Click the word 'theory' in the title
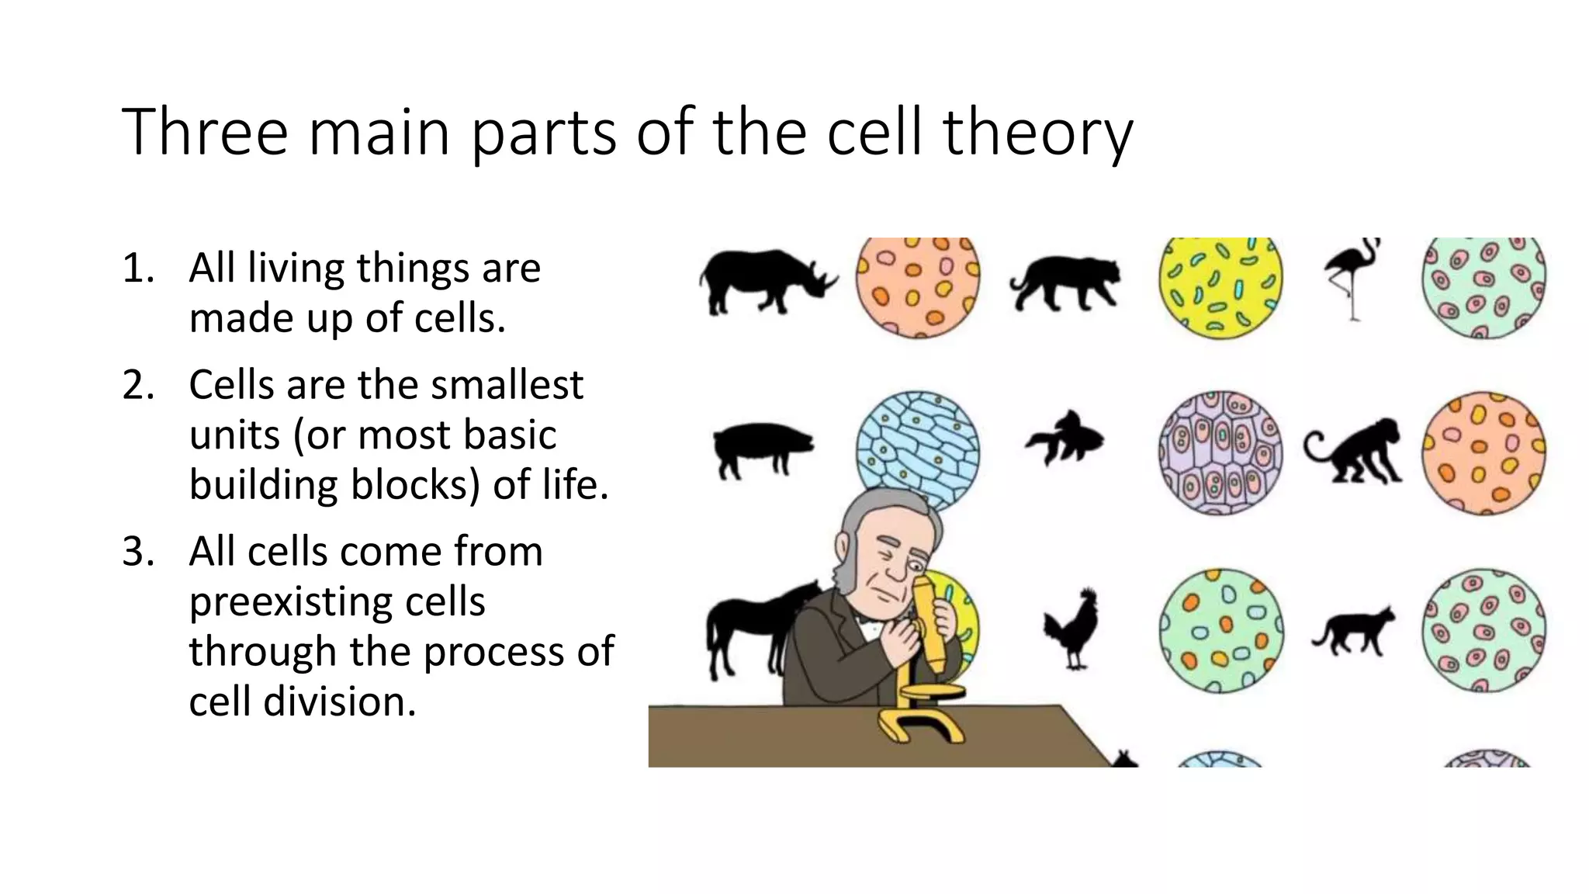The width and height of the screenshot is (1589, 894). (1037, 133)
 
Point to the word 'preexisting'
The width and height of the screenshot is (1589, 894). (337, 601)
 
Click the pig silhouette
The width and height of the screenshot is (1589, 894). (760, 449)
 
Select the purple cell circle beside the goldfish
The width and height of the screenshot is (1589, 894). (1220, 453)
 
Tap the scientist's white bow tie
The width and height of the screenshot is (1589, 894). (867, 621)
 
